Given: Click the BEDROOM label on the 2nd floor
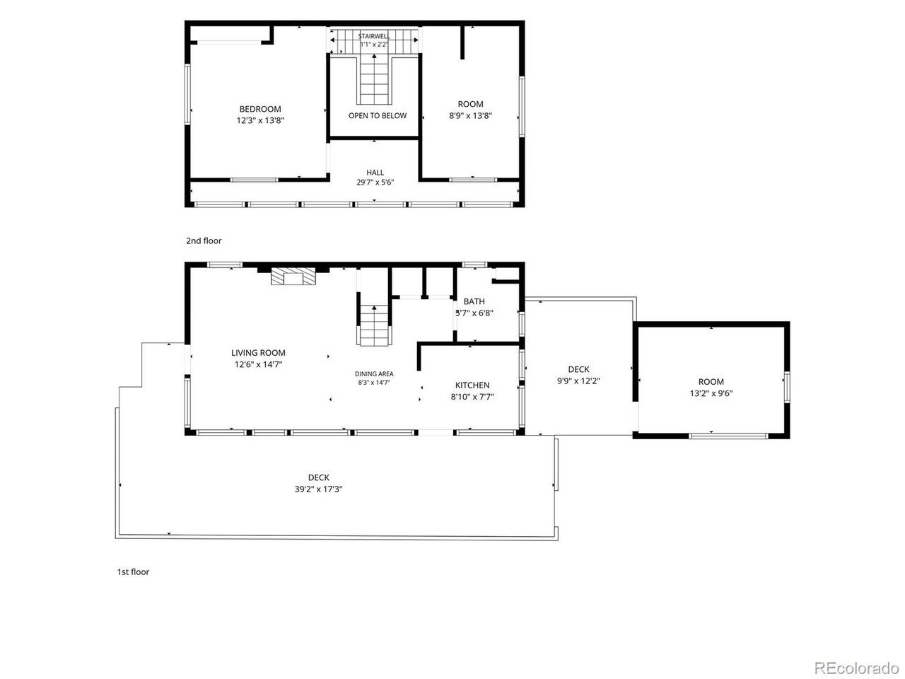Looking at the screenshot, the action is [x=260, y=109].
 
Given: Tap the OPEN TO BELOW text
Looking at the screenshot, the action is [x=378, y=116].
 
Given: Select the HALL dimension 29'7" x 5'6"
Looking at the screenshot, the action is [x=375, y=182].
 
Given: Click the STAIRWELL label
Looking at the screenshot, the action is [x=373, y=36].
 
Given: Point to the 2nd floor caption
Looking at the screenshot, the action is [x=204, y=240].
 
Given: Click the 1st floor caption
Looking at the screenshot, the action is [x=133, y=571].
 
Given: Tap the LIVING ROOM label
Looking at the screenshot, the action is [x=258, y=353].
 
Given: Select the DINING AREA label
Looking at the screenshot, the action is [x=374, y=374].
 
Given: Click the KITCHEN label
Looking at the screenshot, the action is [x=472, y=385].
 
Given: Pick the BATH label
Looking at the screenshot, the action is [x=474, y=301].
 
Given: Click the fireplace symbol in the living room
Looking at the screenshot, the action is [x=293, y=277].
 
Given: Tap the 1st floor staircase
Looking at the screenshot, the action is [x=374, y=325].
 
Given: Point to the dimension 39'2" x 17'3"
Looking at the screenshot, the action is [x=318, y=489].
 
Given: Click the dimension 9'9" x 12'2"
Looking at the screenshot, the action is [x=578, y=381].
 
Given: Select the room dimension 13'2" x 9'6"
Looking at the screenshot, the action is [x=711, y=393].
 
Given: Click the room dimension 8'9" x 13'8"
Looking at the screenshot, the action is [x=470, y=116].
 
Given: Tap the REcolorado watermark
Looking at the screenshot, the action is [x=857, y=668].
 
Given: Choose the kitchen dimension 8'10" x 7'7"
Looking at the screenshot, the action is [x=472, y=397].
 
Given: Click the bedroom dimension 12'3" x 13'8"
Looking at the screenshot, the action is [x=260, y=120].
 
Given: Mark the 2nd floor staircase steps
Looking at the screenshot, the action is [x=374, y=79].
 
